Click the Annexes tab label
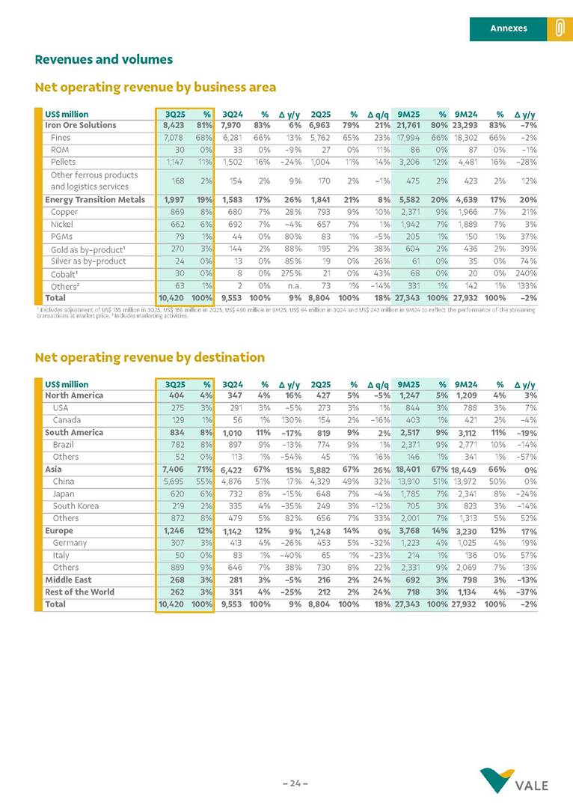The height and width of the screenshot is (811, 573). click(x=508, y=28)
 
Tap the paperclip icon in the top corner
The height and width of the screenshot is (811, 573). click(x=559, y=28)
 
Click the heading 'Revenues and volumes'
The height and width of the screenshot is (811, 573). click(x=104, y=59)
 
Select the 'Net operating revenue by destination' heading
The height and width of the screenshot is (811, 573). click(x=150, y=357)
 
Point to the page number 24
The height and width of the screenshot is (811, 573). click(x=295, y=783)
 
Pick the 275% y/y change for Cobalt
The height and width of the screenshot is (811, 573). click(x=289, y=273)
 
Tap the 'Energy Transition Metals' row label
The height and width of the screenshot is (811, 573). click(x=94, y=200)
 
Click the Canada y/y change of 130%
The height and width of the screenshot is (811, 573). click(x=289, y=420)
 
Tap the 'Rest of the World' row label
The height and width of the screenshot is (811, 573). click(x=79, y=592)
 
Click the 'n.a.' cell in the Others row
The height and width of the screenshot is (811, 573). click(x=292, y=285)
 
